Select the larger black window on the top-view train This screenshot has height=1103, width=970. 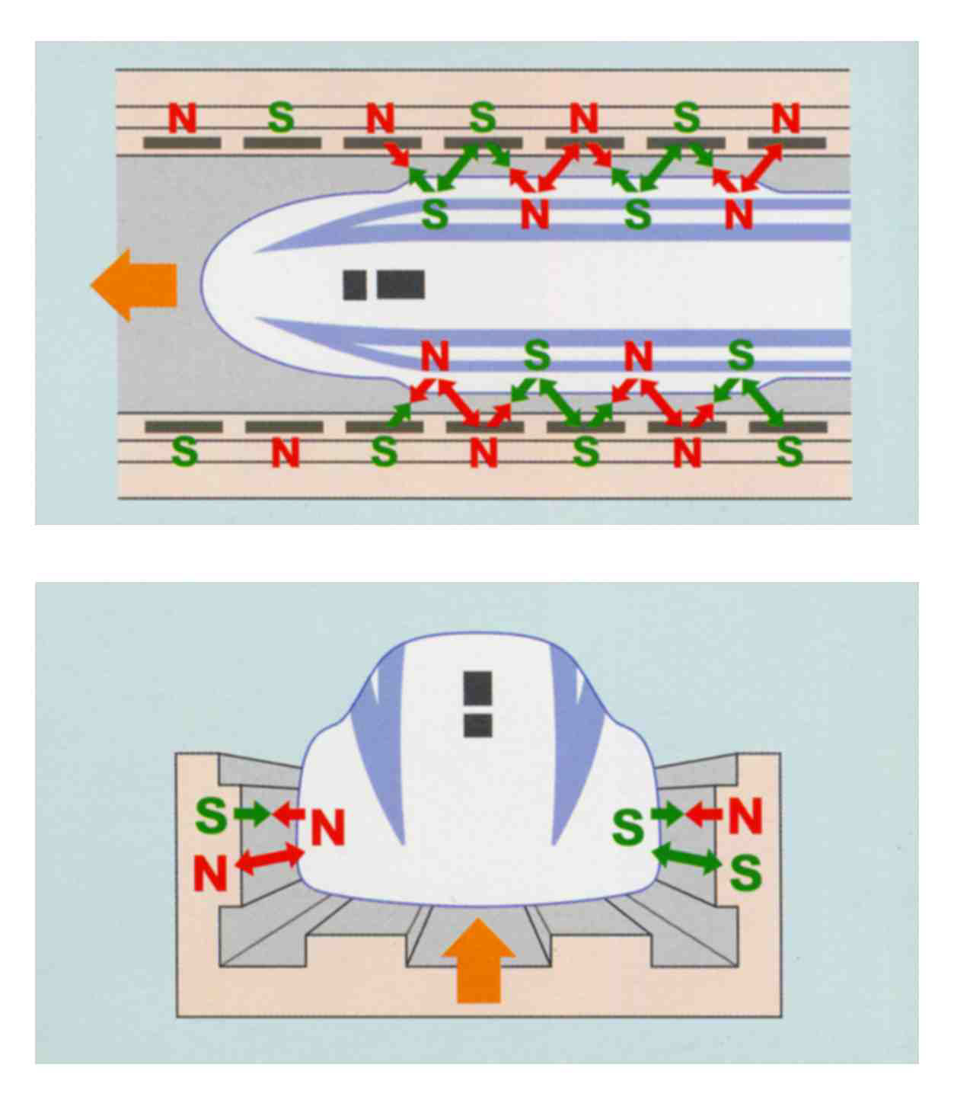[x=400, y=285]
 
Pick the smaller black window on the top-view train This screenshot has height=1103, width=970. [x=355, y=285]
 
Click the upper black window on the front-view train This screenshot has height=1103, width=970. [x=478, y=689]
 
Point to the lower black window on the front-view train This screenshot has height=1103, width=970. [x=478, y=725]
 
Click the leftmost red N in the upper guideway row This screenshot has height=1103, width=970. [x=183, y=118]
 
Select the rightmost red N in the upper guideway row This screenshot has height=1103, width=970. [x=786, y=118]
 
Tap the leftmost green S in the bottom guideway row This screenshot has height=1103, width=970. [x=184, y=452]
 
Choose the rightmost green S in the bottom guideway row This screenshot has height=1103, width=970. [x=789, y=452]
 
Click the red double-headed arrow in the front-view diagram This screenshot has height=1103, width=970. [x=270, y=859]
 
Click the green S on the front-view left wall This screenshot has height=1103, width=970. [x=211, y=815]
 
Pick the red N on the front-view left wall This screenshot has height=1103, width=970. [x=210, y=873]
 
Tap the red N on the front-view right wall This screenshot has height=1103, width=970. [x=745, y=816]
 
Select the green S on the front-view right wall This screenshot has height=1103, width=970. [x=745, y=872]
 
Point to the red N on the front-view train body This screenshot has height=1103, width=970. [x=328, y=827]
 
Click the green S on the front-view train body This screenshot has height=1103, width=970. [x=628, y=827]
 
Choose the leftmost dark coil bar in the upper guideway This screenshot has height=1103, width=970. [x=182, y=143]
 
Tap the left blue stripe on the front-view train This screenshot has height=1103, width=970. [x=381, y=769]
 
